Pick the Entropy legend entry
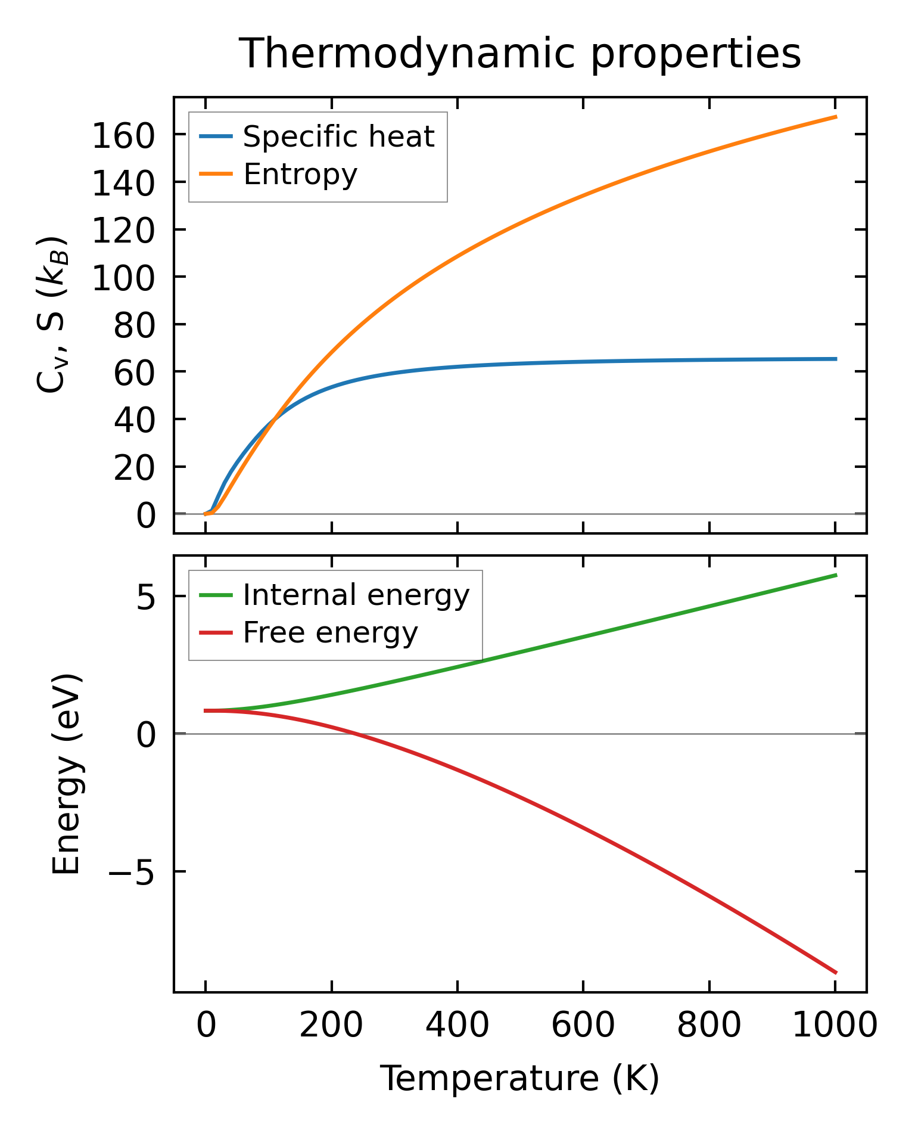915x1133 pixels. click(300, 175)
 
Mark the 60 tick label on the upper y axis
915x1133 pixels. click(134, 373)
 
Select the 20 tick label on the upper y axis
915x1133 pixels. click(134, 467)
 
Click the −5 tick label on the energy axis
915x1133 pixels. click(131, 872)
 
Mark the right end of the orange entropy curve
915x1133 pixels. click(836, 117)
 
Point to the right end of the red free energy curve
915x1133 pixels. click(836, 973)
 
